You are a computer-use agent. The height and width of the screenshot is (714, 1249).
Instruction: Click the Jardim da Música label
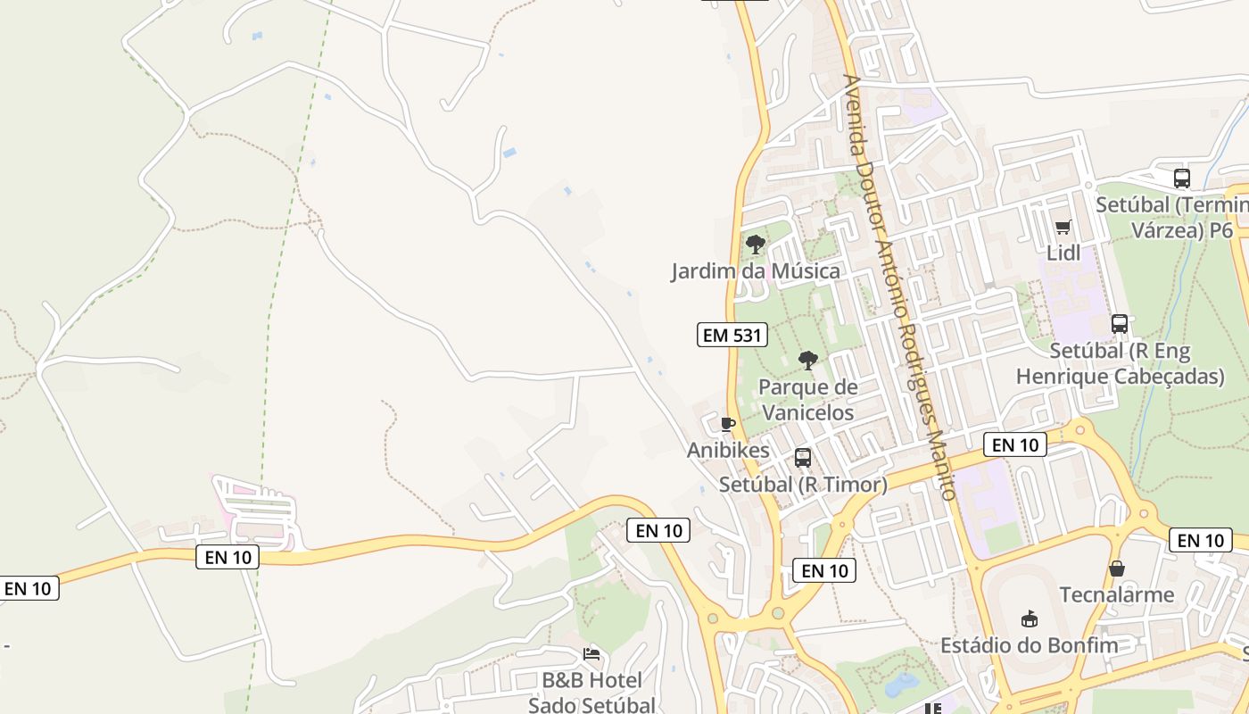(756, 270)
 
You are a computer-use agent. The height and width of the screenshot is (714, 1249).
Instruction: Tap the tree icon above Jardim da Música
(756, 244)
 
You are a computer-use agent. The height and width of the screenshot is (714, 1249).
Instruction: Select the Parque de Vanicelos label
(807, 399)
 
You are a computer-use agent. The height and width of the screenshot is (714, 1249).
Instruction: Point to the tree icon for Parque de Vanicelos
(808, 361)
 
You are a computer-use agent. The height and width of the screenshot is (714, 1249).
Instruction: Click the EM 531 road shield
(732, 336)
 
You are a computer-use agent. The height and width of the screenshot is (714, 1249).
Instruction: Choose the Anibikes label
(728, 451)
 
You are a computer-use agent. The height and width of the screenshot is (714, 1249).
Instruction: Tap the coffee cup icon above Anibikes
(728, 424)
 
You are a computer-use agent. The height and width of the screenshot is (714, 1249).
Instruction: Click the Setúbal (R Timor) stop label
(803, 485)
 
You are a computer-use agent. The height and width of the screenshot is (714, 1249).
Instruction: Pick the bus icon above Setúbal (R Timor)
(803, 458)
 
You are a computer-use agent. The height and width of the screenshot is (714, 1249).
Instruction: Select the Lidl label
(1063, 253)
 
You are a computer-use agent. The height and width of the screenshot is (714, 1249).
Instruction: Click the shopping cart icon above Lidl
(1063, 228)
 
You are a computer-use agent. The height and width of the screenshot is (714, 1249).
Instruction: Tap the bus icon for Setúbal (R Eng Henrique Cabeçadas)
(1120, 324)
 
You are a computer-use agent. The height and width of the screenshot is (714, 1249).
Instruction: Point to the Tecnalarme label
(1116, 594)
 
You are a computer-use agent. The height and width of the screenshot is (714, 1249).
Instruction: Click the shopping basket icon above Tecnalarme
(1116, 569)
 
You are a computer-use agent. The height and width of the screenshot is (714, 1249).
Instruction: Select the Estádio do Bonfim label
(1029, 645)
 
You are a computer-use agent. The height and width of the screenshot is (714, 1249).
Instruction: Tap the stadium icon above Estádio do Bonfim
(1029, 619)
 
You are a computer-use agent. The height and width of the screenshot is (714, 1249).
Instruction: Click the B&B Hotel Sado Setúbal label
(591, 693)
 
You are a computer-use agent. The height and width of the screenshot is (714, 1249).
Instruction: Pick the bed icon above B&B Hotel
(591, 654)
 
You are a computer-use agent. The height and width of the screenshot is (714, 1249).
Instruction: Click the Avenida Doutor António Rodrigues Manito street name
(898, 286)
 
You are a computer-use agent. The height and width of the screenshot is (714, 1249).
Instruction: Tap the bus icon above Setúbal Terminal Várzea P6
(1182, 178)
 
